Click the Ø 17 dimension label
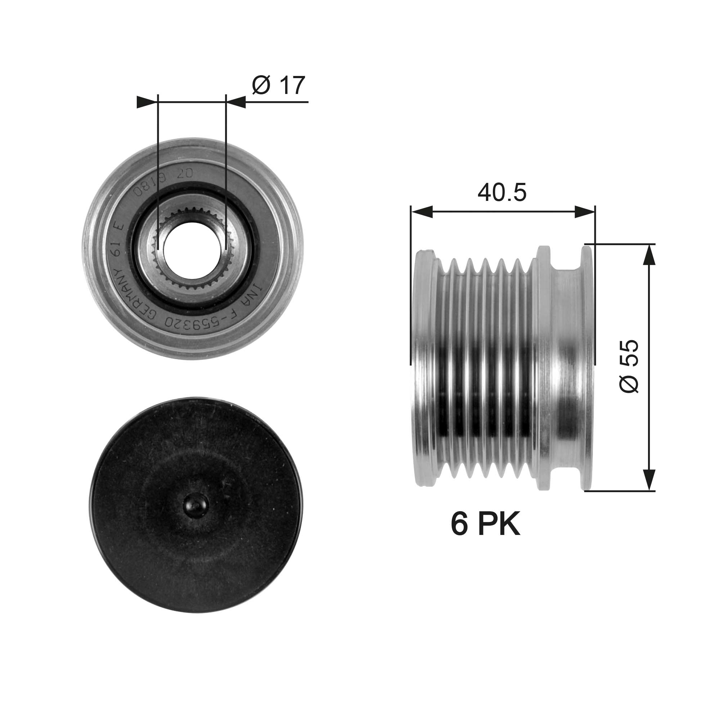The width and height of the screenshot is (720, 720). point(279,85)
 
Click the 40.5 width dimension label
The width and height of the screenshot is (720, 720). point(502,193)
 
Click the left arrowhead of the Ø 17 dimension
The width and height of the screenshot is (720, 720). point(146,102)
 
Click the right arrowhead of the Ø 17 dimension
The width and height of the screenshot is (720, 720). point(236,102)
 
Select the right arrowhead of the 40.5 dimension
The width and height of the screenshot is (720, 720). point(584,212)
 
